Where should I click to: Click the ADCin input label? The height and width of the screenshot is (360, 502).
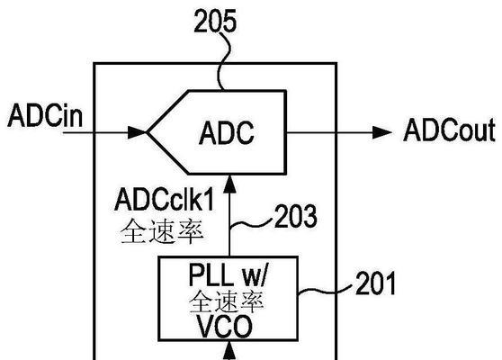coord(45,115)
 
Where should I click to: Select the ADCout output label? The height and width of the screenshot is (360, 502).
coord(450,130)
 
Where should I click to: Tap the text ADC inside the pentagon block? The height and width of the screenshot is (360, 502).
coord(227,132)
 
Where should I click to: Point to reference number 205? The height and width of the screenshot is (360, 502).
coord(215,21)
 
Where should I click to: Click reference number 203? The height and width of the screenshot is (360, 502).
coord(296,216)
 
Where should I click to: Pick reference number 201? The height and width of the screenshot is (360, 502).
coord(375,283)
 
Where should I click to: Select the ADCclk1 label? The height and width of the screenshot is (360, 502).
coord(164,200)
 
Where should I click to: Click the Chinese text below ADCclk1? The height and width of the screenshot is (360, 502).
coord(162,231)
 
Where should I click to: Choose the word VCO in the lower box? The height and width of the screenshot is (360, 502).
coord(224,327)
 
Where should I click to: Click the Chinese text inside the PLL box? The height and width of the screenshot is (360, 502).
coord(226,301)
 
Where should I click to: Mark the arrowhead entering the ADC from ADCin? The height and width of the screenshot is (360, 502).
coord(138,132)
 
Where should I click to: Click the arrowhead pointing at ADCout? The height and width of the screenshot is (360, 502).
coord(382,132)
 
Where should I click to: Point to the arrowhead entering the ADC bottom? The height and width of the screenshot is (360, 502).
coord(229,184)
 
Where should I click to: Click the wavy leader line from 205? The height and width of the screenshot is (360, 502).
coord(224,61)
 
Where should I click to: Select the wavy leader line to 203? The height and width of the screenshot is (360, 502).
coord(251,223)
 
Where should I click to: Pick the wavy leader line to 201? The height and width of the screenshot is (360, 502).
coord(326,290)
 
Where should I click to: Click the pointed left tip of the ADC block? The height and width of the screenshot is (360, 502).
coord(147,132)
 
